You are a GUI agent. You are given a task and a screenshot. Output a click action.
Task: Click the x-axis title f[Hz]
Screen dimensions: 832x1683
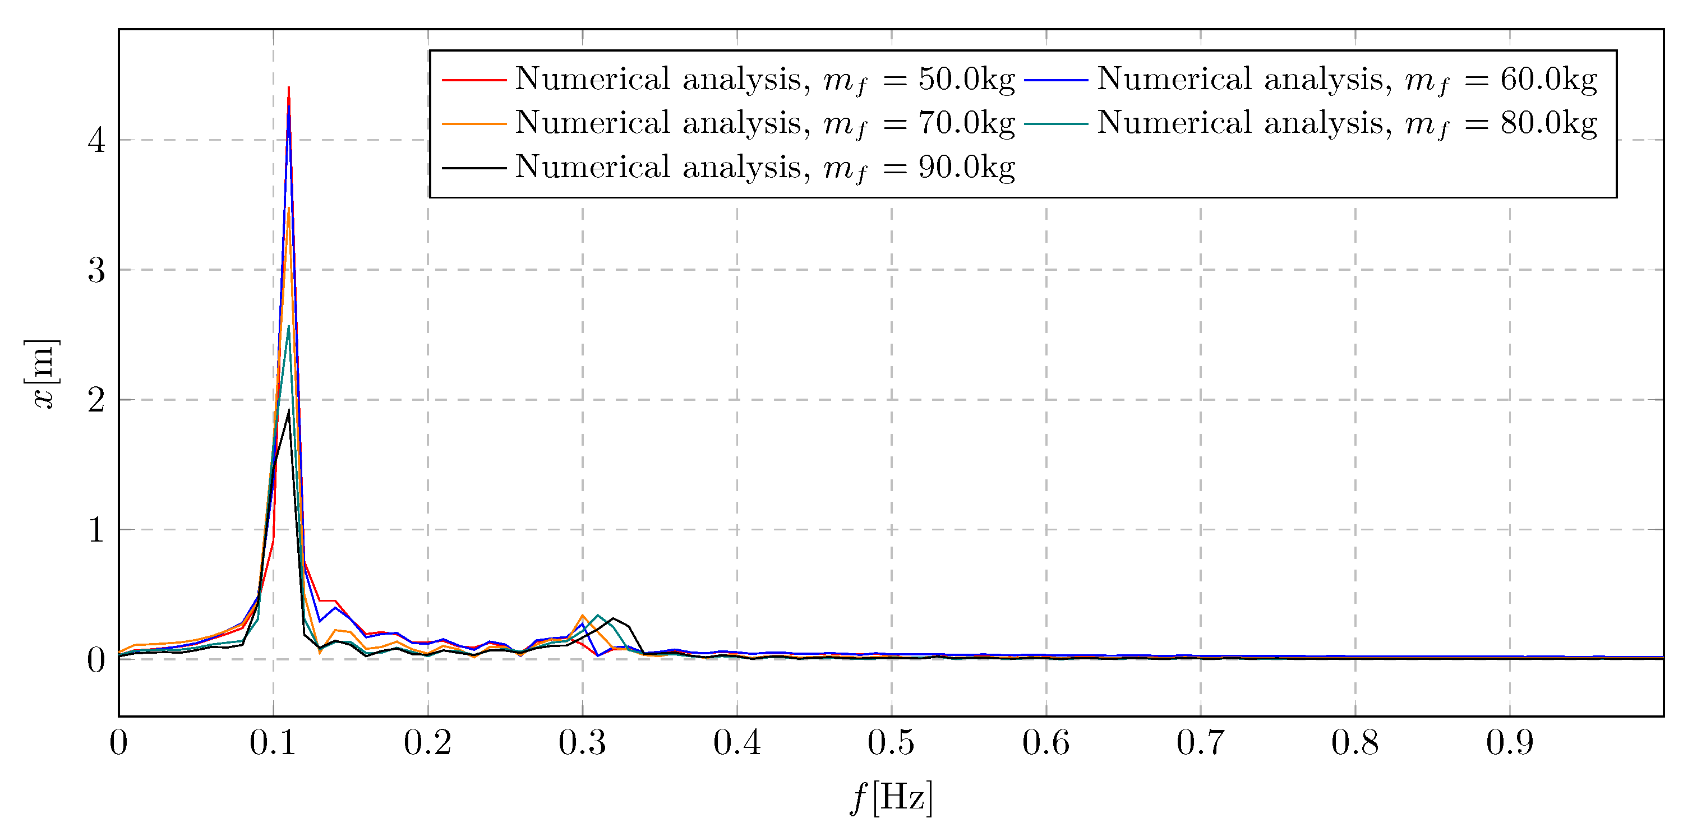(891, 797)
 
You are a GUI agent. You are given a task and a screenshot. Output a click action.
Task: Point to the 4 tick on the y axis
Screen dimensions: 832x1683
(96, 140)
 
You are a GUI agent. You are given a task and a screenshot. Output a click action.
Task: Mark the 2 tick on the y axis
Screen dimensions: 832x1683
(96, 400)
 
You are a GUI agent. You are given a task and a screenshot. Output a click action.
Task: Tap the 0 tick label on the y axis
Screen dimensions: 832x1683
(96, 659)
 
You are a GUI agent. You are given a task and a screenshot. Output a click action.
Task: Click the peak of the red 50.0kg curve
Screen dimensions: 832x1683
(289, 87)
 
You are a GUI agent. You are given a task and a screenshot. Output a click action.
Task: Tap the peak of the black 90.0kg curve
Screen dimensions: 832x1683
(289, 410)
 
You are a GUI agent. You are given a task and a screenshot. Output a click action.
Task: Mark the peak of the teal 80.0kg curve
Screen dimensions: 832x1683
(289, 326)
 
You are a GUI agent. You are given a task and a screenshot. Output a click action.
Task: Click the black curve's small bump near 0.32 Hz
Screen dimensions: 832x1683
(613, 618)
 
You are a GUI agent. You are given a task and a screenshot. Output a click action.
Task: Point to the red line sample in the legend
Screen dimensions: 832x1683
(474, 80)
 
